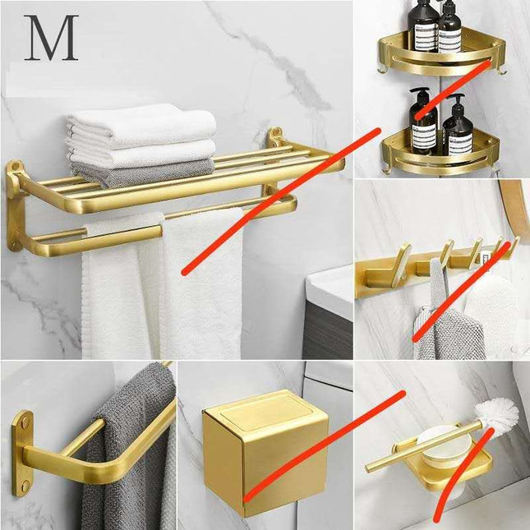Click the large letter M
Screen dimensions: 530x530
tap(51, 38)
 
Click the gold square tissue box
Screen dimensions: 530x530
tap(265, 451)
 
